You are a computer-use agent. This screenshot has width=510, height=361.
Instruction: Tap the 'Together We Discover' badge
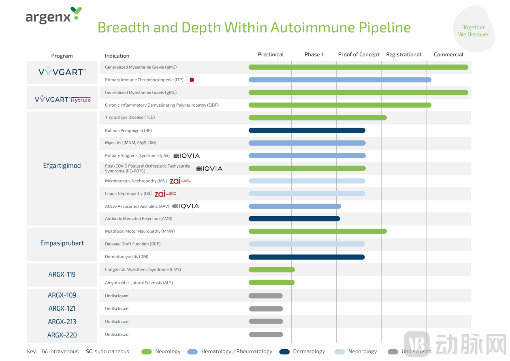[473, 31]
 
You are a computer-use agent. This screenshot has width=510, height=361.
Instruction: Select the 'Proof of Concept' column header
[358, 55]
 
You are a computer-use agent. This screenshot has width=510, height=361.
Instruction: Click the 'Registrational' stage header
[403, 55]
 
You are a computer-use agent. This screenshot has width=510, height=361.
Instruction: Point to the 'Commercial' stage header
[448, 55]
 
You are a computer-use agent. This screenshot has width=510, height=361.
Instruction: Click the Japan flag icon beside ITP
[192, 80]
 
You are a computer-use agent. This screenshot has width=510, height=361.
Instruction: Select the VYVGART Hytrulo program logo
[63, 99]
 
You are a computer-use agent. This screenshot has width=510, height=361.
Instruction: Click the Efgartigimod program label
[62, 165]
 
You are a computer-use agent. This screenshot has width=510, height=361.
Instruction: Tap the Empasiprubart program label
[62, 243]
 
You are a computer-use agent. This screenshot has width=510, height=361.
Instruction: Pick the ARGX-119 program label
[62, 275]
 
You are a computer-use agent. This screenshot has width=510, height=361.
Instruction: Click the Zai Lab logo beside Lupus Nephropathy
[165, 194]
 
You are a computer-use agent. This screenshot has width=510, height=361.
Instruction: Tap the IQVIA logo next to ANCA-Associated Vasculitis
[186, 206]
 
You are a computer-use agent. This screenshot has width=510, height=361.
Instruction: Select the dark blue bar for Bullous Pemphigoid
[307, 131]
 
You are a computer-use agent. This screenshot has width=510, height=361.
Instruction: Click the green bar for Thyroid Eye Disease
[317, 118]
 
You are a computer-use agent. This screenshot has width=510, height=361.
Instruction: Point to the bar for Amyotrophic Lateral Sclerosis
[271, 283]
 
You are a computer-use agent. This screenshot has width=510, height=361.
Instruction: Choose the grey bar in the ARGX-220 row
[266, 335]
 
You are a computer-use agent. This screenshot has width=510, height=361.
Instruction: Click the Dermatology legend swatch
[284, 352]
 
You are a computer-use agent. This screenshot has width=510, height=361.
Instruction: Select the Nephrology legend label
[363, 352]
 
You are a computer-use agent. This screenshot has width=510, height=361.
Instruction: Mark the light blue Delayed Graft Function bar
[307, 244]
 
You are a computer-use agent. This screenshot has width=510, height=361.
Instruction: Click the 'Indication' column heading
[117, 56]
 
